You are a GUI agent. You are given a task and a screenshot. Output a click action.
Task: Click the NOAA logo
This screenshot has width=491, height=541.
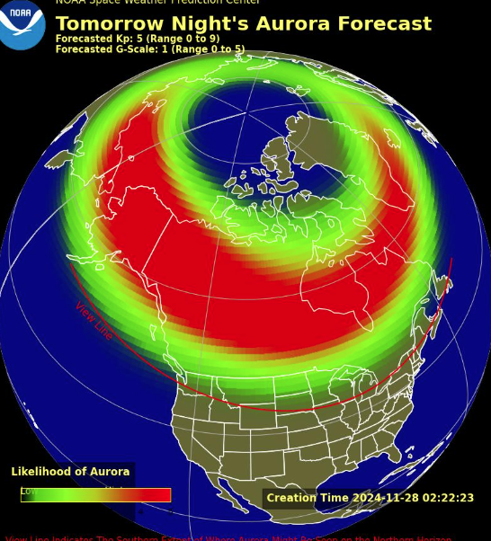22,22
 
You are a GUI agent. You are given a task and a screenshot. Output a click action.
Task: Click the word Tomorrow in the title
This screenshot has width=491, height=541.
105,24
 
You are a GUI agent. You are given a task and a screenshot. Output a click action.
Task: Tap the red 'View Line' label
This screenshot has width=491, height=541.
94,321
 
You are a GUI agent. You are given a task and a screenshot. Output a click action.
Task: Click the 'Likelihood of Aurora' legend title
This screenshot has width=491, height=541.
70,472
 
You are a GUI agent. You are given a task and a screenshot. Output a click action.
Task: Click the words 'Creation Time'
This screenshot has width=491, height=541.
308,498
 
